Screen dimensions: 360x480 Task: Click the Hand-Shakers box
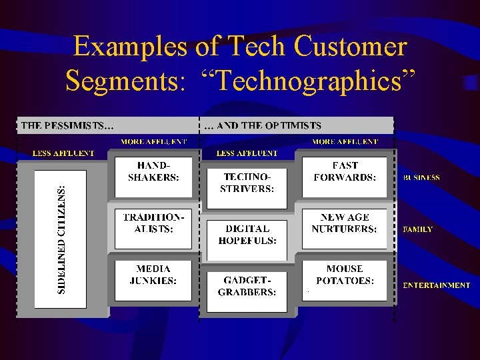pyautogui.click(x=153, y=176)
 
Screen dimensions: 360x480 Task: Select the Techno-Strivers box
pyautogui.click(x=247, y=184)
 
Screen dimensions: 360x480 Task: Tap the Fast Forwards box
pyautogui.click(x=345, y=176)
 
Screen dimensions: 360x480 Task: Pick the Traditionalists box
pyautogui.click(x=153, y=228)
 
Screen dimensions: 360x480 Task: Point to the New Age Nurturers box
pyautogui.click(x=345, y=228)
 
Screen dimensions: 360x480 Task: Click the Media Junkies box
pyautogui.click(x=153, y=280)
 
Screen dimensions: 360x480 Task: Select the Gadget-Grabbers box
pyautogui.click(x=247, y=287)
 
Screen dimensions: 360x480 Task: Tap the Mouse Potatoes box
pyautogui.click(x=345, y=280)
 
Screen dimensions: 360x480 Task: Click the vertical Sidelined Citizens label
pyautogui.click(x=61, y=239)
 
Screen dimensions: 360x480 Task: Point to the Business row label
pyautogui.click(x=421, y=178)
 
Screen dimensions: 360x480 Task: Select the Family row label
pyautogui.click(x=418, y=229)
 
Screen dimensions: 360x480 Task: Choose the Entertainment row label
pyautogui.click(x=436, y=285)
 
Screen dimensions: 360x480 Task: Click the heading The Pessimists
pyautogui.click(x=67, y=125)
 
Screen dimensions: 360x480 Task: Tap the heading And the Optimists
pyautogui.click(x=263, y=125)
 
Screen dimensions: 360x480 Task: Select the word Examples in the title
pyautogui.click(x=131, y=47)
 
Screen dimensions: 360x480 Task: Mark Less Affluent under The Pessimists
pyautogui.click(x=64, y=153)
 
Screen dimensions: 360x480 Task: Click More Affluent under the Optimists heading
pyautogui.click(x=345, y=141)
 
